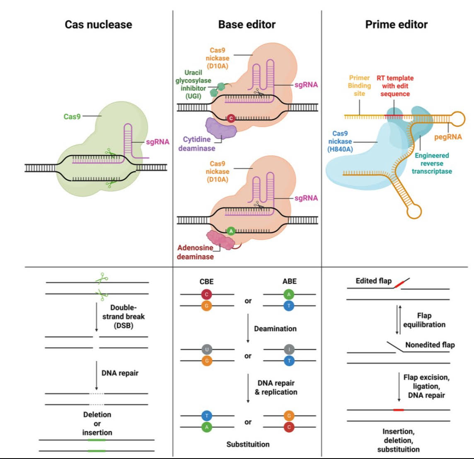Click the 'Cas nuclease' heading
point(98,24)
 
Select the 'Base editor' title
point(247,24)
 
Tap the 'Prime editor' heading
point(396,24)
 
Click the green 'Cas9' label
point(72,117)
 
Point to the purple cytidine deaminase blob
point(221,128)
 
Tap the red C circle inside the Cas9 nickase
point(231,118)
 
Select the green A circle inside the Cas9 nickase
point(231,231)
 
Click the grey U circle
point(207,349)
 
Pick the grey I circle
point(289,349)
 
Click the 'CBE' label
point(206,281)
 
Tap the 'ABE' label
point(289,281)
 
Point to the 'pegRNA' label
point(448,137)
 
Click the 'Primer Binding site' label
point(359,86)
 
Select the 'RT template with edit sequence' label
point(395,86)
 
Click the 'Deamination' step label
point(275,329)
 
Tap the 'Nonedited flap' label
point(430,345)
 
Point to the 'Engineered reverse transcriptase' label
point(432,163)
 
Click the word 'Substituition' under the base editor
point(248,444)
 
